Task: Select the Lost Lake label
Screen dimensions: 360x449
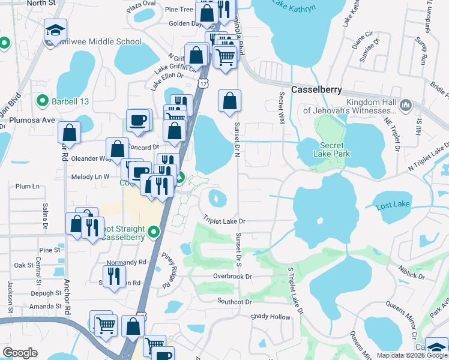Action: pyautogui.click(x=393, y=205)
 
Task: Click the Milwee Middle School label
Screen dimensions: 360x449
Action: pyautogui.click(x=100, y=42)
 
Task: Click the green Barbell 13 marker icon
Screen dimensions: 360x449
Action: pyautogui.click(x=43, y=101)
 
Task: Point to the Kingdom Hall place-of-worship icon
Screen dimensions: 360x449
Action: pyautogui.click(x=406, y=106)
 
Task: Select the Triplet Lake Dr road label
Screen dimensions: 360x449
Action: pyautogui.click(x=225, y=221)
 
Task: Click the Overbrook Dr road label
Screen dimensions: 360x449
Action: pyautogui.click(x=232, y=277)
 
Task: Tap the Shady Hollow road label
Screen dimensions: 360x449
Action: pyautogui.click(x=270, y=316)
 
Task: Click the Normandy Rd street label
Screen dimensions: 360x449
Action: pyautogui.click(x=126, y=263)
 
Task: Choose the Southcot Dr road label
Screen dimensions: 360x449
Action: pyautogui.click(x=238, y=301)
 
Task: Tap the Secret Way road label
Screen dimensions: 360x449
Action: pyautogui.click(x=282, y=107)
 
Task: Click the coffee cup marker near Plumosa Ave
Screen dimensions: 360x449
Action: pyautogui.click(x=138, y=119)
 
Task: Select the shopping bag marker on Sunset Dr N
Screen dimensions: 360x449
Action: pyautogui.click(x=229, y=101)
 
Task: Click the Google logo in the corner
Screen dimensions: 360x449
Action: pyautogui.click(x=20, y=353)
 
